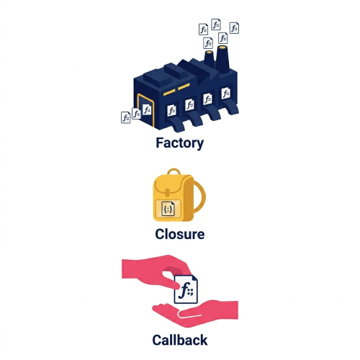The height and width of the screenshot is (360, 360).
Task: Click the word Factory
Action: [x=180, y=143]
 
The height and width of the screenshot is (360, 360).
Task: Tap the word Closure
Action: [x=180, y=234]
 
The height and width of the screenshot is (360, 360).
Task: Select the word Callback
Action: [x=180, y=340]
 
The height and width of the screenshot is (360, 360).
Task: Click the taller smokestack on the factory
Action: [x=222, y=59]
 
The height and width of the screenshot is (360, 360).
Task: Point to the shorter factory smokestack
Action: [x=209, y=59]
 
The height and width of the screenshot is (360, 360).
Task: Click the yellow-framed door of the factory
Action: [x=145, y=110]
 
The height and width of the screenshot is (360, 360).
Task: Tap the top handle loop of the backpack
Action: [x=174, y=171]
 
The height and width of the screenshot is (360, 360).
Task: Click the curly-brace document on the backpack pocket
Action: [x=168, y=209]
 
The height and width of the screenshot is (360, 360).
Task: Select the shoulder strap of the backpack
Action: [x=200, y=197]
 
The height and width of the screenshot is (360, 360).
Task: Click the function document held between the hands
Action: [x=186, y=289]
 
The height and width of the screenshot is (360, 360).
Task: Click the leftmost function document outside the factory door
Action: [x=125, y=117]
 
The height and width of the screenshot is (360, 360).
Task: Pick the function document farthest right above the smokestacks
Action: [x=234, y=28]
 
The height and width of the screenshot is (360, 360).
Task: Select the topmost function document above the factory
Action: [x=216, y=24]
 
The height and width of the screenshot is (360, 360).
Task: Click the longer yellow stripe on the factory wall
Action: [x=169, y=93]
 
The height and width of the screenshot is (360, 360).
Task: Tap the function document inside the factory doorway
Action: [x=147, y=109]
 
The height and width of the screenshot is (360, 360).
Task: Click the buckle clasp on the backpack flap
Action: [x=167, y=192]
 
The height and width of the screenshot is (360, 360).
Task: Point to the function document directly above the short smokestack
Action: [x=208, y=43]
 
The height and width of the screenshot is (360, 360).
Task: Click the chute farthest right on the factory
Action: [x=230, y=107]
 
